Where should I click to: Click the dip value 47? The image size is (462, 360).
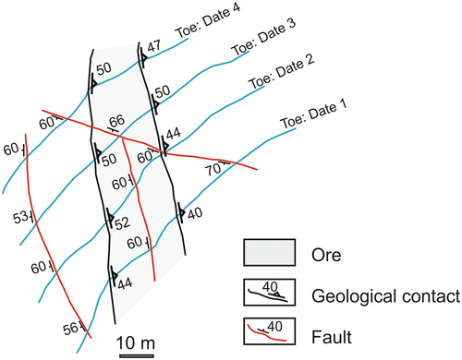[x=154, y=44]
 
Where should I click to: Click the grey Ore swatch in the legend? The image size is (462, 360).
[x=269, y=251]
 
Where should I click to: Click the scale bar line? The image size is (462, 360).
[x=136, y=354]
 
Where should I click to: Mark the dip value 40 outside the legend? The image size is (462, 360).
[x=194, y=214]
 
